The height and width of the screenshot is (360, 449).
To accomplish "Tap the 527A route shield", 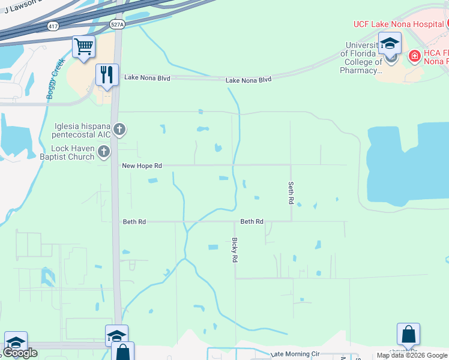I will click(x=118, y=25).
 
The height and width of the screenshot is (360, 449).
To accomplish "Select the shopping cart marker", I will click(x=83, y=46).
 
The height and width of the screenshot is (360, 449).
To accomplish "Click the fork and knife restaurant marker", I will click(x=107, y=74).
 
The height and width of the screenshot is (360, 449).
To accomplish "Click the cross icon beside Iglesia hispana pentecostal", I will click(x=119, y=129).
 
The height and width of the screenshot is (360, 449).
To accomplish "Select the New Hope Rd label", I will click(x=142, y=165).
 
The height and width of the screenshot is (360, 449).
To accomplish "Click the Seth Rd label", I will click(x=291, y=193).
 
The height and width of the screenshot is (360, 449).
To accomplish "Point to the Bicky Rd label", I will click(x=235, y=250).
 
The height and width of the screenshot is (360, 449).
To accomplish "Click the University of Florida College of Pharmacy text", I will click(x=362, y=58).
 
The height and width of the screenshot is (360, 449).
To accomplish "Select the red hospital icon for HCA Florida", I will click(x=414, y=56).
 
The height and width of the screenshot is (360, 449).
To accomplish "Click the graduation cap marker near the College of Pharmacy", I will click(x=390, y=43).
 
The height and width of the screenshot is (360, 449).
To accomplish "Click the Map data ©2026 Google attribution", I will click(x=412, y=355).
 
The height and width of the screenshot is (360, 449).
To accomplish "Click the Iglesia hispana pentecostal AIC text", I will click(x=73, y=130).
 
